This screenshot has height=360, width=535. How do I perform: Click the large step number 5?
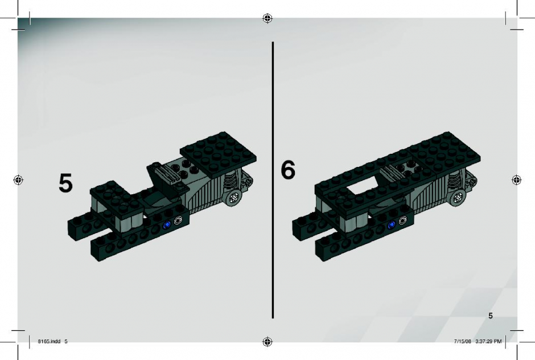[65, 183]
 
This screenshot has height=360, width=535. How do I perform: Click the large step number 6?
[288, 170]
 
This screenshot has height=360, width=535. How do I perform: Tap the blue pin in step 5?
[167, 225]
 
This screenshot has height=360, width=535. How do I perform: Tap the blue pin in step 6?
[392, 224]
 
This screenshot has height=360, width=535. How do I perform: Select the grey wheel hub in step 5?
[234, 198]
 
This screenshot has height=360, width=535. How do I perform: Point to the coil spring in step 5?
[231, 181]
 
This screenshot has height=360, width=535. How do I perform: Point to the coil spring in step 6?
[455, 181]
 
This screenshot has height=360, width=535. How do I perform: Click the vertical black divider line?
[273, 180]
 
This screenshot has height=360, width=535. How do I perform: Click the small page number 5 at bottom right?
[490, 316]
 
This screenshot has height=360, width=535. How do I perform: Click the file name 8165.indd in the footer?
[49, 341]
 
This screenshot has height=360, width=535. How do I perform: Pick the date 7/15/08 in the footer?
[462, 341]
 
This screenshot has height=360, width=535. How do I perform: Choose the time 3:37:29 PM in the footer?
[488, 341]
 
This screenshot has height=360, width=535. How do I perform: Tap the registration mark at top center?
[267, 18]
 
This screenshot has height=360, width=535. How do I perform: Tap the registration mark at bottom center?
[267, 341]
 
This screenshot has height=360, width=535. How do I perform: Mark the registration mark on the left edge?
[18, 179]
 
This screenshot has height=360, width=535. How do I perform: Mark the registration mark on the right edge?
[517, 179]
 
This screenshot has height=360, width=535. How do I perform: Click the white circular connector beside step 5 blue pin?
[178, 221]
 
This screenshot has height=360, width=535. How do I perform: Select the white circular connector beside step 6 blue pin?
[402, 220]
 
